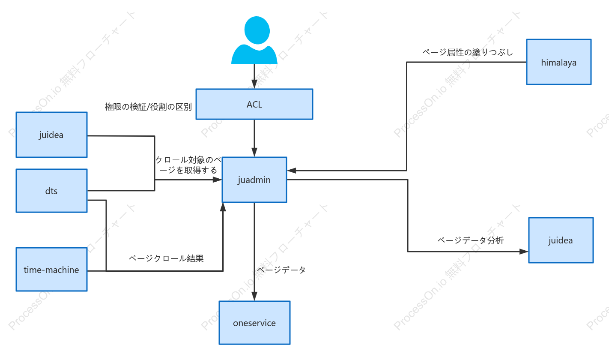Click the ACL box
[254, 104]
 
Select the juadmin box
[254, 180]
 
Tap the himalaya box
[559, 62]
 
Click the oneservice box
[254, 323]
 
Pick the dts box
[51, 191]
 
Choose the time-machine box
[51, 270]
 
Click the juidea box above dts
[51, 135]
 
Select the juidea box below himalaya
[561, 240]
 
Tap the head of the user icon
[257, 30]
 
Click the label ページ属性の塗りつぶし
[468, 52]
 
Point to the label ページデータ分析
[470, 240]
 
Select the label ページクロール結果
[166, 258]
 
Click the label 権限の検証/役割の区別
[148, 107]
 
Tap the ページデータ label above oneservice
[281, 270]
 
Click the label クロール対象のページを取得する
[188, 165]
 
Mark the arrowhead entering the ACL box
[254, 84]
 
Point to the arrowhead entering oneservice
[254, 296]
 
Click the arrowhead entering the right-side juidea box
[524, 252]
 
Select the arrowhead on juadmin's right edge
[292, 171]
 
